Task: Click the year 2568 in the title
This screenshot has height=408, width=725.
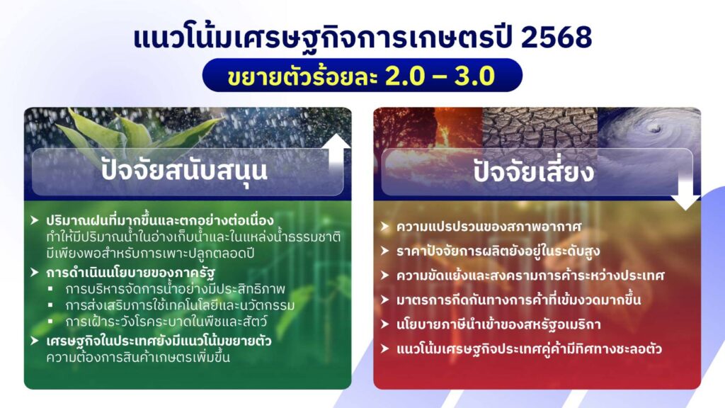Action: [556, 38]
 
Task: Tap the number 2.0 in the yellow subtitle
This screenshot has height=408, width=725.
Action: [404, 75]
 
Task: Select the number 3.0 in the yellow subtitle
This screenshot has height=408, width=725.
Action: [474, 75]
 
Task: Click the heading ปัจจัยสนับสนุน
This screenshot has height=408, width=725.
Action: [184, 170]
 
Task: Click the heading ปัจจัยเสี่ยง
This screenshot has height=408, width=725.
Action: [533, 171]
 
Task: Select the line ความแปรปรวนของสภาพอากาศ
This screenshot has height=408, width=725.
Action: [489, 227]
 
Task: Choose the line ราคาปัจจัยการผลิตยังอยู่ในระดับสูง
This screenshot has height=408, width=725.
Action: [498, 251]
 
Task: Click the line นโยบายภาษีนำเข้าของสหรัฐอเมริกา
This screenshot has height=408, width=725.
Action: [498, 324]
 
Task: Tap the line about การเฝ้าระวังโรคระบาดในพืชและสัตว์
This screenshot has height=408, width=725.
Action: [166, 322]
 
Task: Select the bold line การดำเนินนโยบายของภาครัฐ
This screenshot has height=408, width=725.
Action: [130, 273]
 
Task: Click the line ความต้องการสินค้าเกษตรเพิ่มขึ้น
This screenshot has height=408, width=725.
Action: [138, 357]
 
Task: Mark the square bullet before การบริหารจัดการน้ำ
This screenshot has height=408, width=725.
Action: [50, 290]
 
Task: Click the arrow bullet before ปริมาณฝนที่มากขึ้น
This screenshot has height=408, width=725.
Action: [34, 220]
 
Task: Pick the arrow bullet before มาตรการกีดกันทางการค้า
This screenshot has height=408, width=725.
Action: [384, 300]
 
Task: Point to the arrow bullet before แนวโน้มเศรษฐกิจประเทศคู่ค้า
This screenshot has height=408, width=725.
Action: [384, 348]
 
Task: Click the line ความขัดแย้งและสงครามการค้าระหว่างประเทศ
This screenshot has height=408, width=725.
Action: [530, 276]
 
